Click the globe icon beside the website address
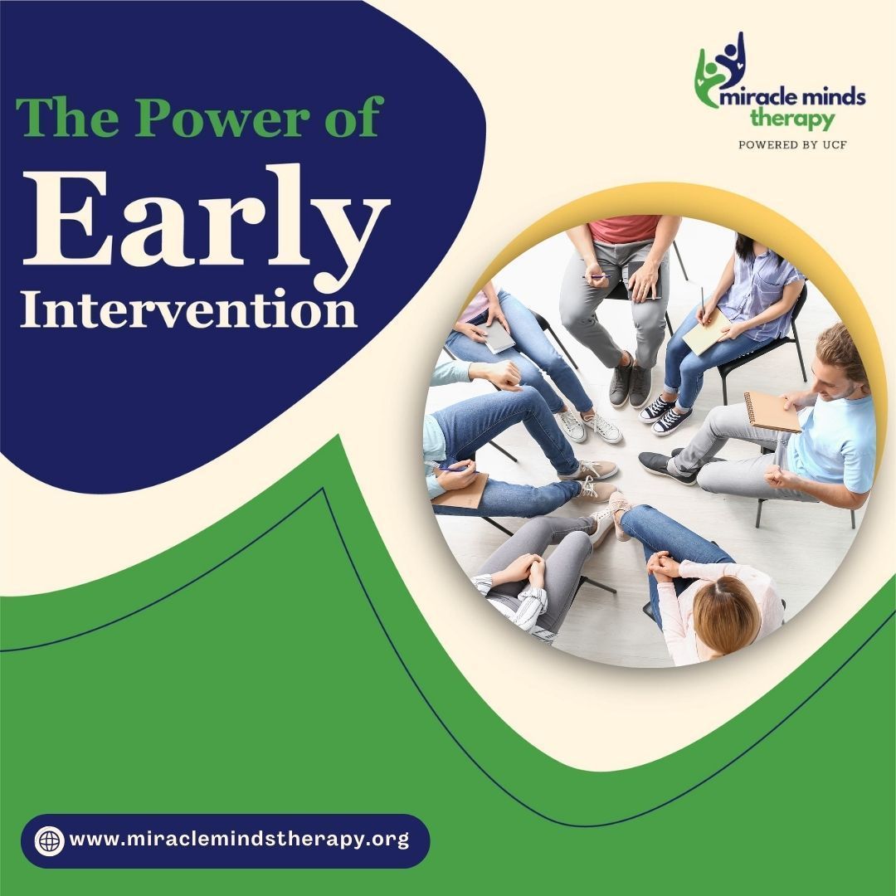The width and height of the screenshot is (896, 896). (49, 840)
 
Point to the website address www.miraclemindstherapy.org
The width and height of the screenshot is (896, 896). (240, 840)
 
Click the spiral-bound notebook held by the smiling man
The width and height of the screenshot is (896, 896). (771, 411)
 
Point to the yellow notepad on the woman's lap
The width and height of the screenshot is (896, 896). (706, 331)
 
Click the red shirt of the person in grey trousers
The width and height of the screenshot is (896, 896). (626, 228)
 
